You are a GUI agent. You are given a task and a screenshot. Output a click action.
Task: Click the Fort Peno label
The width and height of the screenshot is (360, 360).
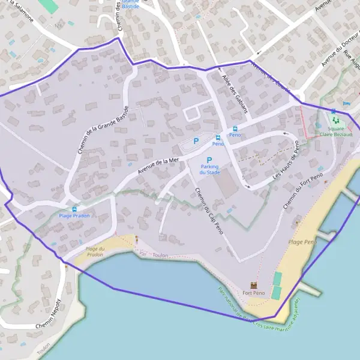pyautogui.click(x=253, y=293)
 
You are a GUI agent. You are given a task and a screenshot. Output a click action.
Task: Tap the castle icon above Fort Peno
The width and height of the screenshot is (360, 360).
pyautogui.click(x=253, y=285)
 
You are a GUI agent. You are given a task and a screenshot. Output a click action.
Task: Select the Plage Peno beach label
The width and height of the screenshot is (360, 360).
pyautogui.click(x=302, y=242)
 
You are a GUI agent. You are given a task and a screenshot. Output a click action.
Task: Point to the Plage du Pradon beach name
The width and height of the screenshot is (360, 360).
pyautogui.click(x=95, y=251)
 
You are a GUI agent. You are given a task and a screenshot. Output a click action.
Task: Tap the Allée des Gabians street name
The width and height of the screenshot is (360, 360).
pyautogui.click(x=230, y=90)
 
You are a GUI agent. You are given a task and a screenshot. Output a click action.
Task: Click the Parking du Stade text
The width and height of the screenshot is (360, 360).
pyautogui.click(x=210, y=169)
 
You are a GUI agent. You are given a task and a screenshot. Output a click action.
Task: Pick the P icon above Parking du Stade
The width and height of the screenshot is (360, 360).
pyautogui.click(x=209, y=160)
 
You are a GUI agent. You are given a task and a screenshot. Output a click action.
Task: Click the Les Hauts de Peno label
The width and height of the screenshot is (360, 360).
pyautogui.click(x=286, y=162)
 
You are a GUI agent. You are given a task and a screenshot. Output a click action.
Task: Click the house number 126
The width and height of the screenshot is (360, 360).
pyautogui.click(x=58, y=26)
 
